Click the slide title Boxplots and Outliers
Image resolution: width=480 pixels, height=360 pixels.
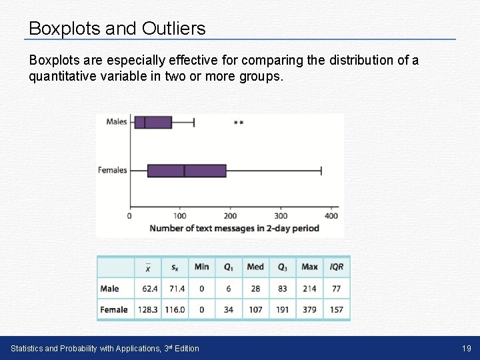117,29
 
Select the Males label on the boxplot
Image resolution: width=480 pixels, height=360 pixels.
116,121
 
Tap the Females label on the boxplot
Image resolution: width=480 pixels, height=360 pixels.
112,170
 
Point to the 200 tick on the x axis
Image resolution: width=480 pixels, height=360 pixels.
230,215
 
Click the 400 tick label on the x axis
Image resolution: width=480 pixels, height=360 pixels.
331,215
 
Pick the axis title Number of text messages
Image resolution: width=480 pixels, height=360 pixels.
234,228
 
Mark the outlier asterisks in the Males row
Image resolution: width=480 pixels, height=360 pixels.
239,123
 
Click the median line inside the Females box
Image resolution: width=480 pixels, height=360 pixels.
185,171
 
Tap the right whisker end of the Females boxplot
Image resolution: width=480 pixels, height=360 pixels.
321,171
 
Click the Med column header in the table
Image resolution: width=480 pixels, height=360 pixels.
255,267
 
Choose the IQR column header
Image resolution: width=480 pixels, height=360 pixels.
337,267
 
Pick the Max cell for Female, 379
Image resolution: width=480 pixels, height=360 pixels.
309,309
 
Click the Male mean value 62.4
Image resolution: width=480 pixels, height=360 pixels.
149,289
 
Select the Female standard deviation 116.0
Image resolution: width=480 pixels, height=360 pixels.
175,309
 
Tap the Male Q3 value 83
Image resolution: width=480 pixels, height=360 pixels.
283,289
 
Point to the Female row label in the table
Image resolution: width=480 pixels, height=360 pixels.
114,309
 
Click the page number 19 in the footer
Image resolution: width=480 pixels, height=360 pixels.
466,348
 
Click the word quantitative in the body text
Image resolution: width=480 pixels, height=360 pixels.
59,76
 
